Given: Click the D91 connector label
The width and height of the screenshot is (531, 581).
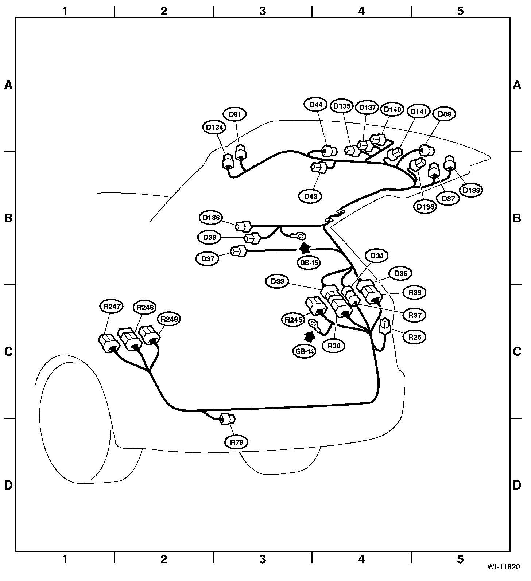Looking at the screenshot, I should coord(235,114).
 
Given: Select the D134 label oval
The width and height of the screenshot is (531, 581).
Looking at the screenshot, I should coord(214,128).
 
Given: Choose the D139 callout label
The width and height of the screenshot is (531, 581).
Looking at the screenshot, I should coord(471,190).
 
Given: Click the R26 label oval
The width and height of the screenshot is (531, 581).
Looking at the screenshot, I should coord(415,337).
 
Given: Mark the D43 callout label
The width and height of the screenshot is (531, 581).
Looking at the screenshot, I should coord(311,196).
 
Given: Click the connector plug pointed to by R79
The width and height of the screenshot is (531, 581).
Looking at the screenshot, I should coord(228,420).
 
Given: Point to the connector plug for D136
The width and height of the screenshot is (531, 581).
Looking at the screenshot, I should coord(243,226).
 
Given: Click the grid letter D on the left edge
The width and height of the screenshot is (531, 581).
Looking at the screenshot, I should coord(8,485).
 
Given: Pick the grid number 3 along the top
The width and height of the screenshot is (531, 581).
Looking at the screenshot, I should coord(263,11).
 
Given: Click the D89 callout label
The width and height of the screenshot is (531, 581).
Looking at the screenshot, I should coord(444,114).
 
